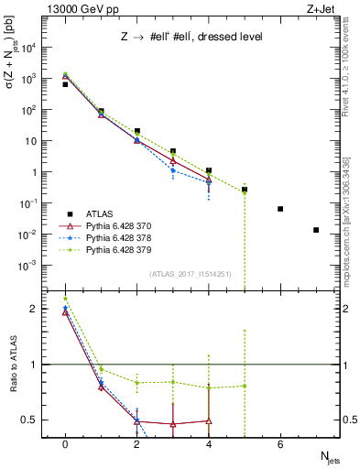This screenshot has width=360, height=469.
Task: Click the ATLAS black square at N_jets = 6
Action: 280,209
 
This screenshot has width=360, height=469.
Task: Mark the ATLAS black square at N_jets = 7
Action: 316,230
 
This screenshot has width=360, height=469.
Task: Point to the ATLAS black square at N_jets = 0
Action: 65,84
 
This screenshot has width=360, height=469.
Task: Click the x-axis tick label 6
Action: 280,444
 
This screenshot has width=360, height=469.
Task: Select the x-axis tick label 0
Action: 65,444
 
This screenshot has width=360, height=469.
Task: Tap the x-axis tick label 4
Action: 209,444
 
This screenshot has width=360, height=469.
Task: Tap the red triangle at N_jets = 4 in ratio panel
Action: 209,421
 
